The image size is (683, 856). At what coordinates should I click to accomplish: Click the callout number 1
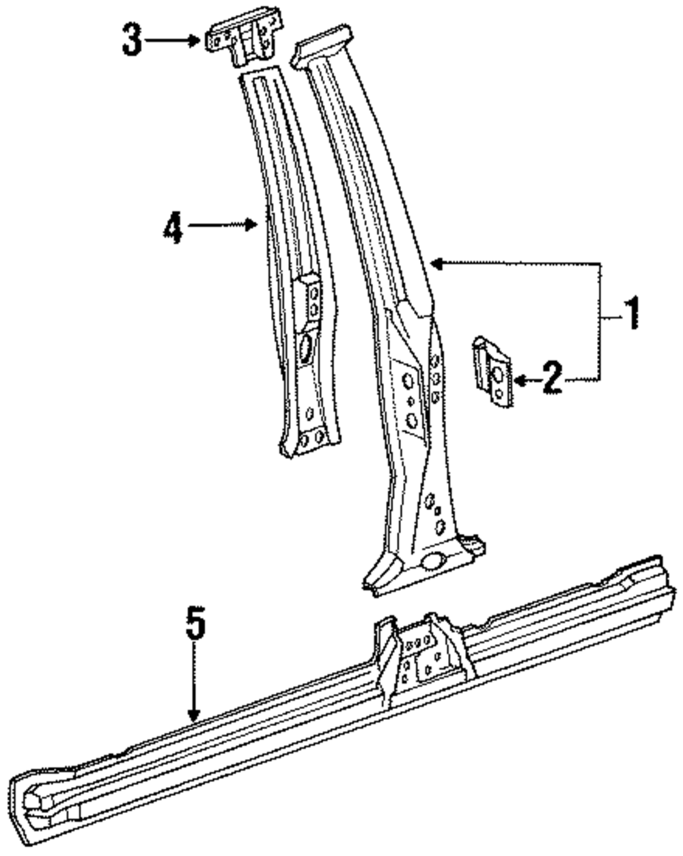632,313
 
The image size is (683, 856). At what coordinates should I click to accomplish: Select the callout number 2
552,378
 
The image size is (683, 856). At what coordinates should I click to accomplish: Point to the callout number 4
173,227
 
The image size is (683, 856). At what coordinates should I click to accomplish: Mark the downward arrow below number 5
195,684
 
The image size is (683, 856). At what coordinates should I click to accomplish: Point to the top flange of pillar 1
324,44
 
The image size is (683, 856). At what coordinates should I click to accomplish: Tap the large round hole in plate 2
500,373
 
